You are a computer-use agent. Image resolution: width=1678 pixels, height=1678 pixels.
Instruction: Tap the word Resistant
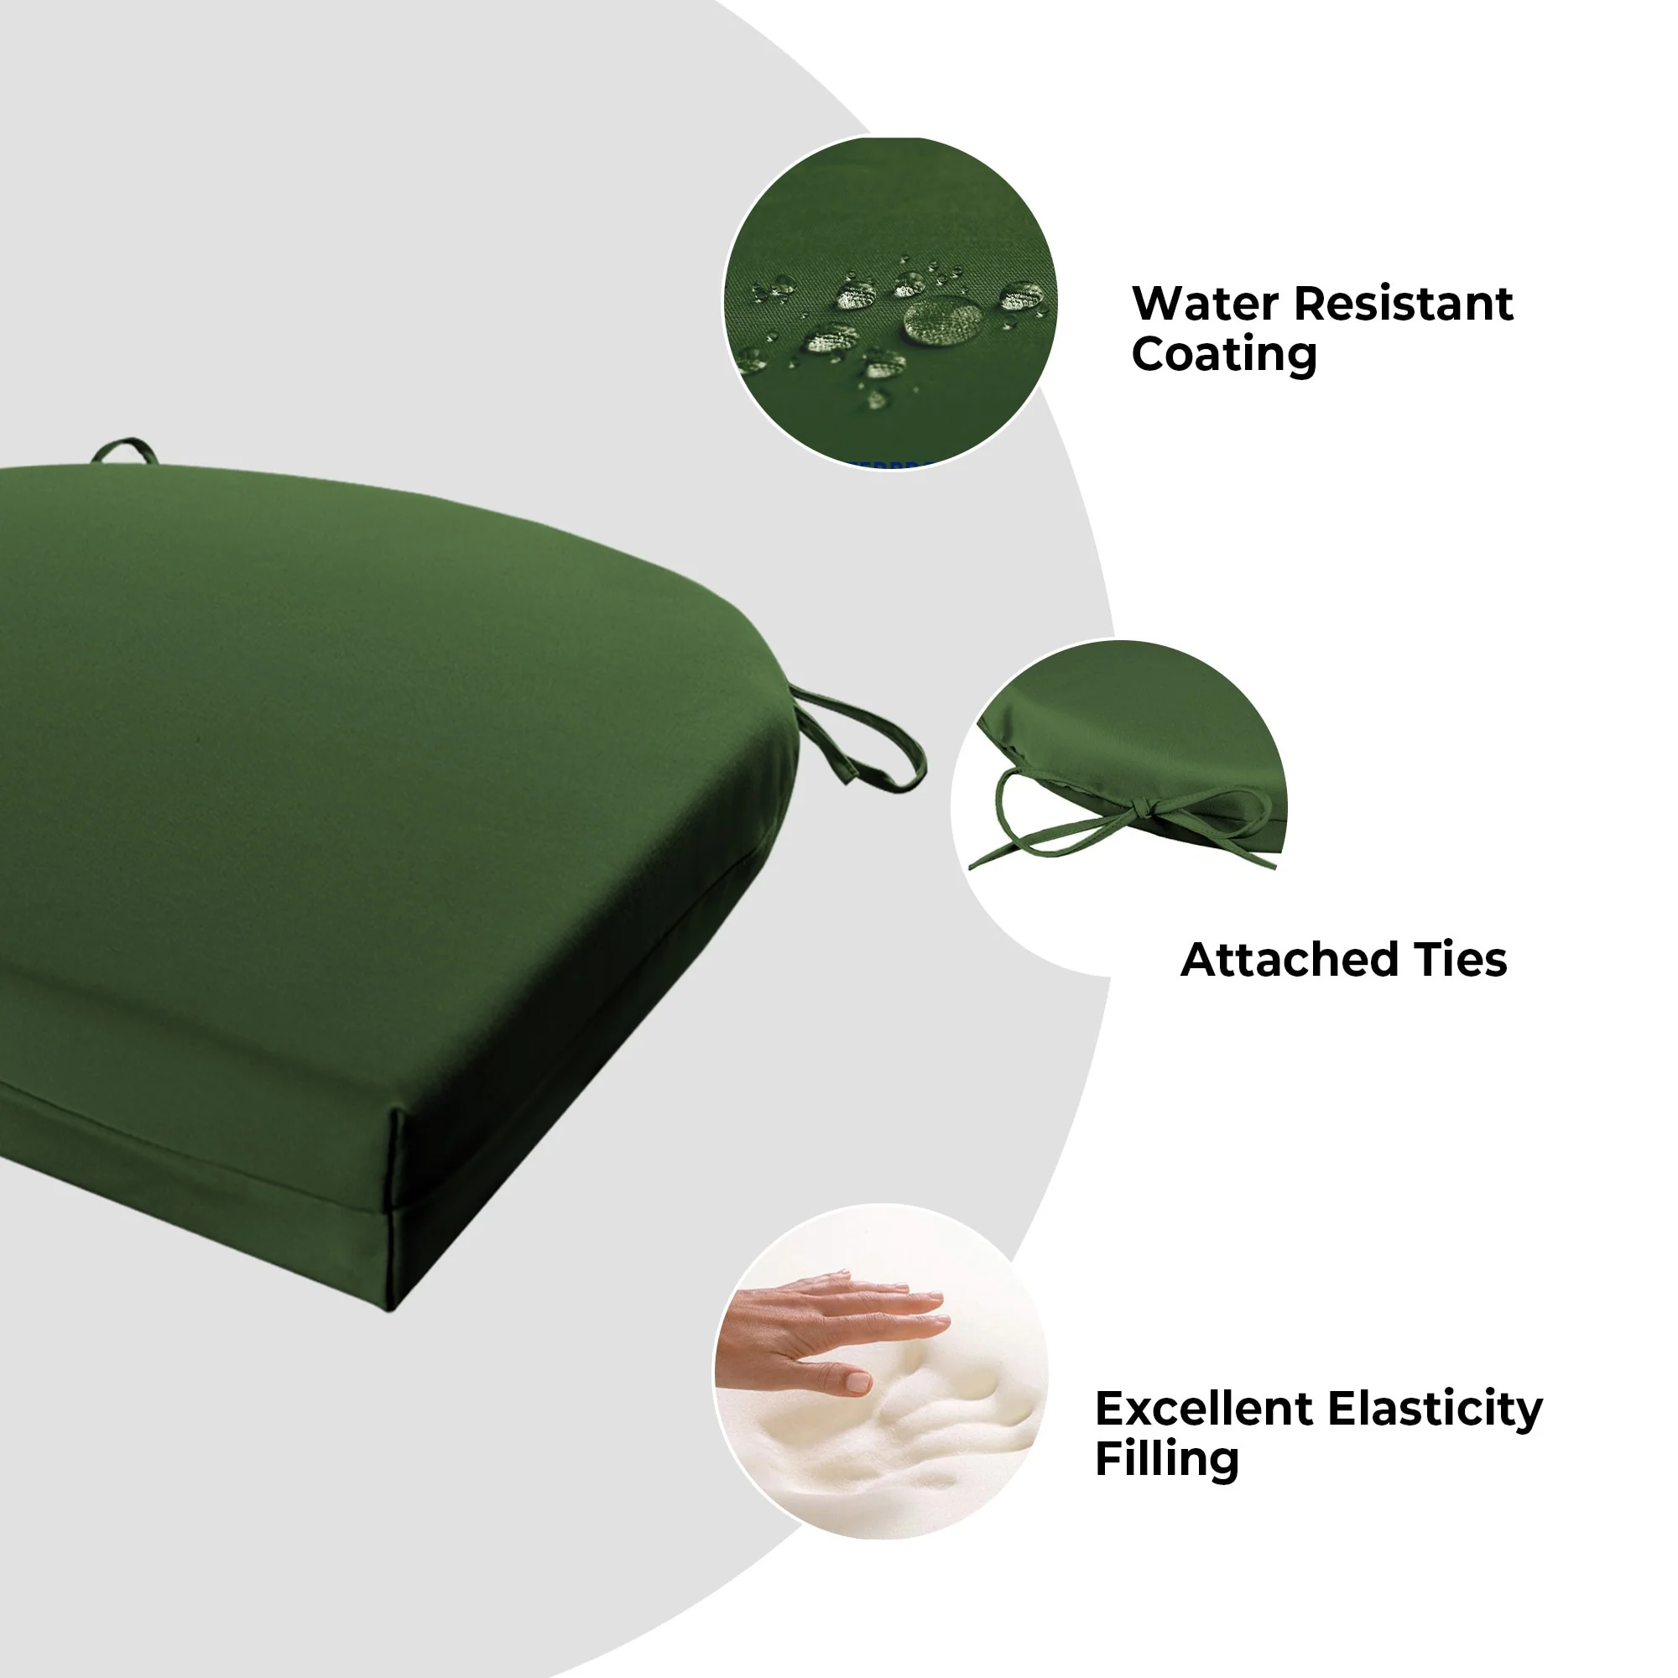(1404, 304)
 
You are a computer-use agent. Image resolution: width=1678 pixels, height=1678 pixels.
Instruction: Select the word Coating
(1225, 355)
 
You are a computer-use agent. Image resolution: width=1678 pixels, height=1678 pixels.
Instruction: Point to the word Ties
(1460, 961)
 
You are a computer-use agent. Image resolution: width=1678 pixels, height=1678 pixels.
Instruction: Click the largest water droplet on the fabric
(942, 320)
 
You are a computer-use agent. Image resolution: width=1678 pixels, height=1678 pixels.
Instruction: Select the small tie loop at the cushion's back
(124, 449)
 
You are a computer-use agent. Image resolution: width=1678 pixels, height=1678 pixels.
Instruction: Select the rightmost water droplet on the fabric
(1023, 296)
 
